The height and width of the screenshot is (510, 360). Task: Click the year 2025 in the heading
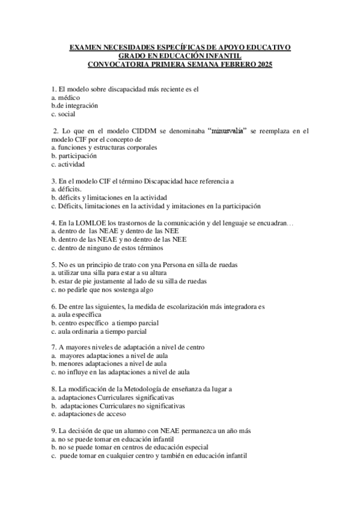(263, 64)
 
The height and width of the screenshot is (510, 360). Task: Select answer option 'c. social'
(63, 114)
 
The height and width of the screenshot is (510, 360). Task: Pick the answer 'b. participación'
(74, 155)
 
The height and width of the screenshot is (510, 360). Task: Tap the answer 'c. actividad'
(68, 164)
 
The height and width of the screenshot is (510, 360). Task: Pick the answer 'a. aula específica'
(76, 315)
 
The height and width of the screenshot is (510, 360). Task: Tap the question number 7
(53, 348)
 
